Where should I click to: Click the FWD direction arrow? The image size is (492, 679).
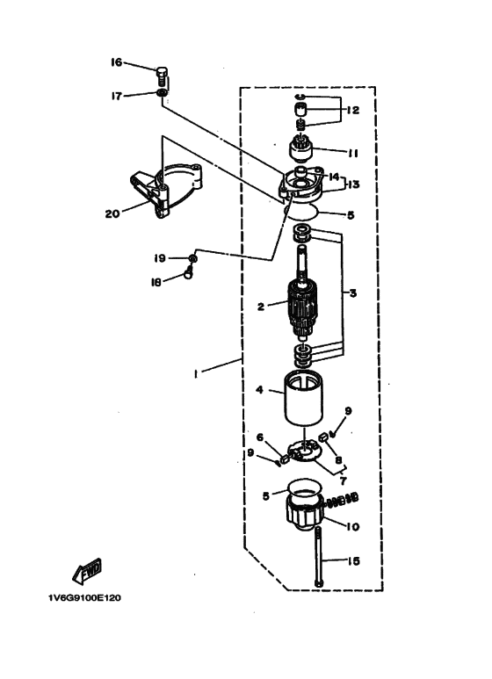pos(87,570)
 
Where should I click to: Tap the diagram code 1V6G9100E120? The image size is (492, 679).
pos(85,598)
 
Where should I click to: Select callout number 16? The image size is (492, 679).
pos(117,62)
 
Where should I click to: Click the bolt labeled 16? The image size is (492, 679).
pos(161,76)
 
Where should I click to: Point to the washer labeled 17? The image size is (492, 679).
pos(162,93)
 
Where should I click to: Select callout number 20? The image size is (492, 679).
pos(112,213)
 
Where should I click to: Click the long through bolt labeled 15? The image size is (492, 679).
pos(318,556)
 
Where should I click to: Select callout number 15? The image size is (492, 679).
pos(354,561)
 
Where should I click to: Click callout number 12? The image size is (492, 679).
pos(353,110)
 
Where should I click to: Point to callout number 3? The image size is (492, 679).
pos(353,293)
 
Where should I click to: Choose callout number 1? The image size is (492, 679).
pos(196,373)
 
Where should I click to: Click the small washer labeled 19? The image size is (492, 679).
pos(193,258)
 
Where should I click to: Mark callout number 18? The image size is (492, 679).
pos(156,282)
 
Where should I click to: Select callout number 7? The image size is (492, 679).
pos(343,480)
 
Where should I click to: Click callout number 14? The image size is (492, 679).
pos(334,177)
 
